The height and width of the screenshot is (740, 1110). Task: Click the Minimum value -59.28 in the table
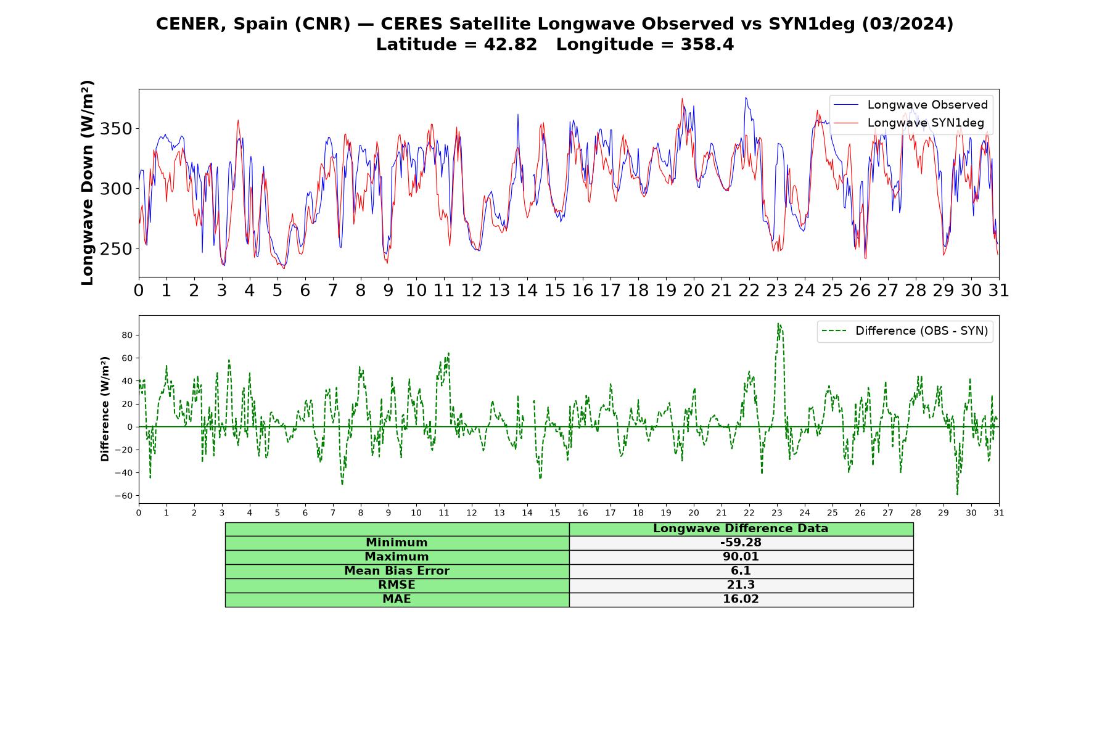(741, 543)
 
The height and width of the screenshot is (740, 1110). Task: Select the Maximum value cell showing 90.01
(741, 557)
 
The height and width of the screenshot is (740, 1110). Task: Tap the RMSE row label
(397, 585)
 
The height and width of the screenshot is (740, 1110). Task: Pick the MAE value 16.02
(741, 599)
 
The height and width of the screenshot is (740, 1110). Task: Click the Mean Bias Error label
(397, 571)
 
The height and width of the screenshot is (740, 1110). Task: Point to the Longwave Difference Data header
(741, 528)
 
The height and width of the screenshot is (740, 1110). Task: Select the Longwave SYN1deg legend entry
(909, 123)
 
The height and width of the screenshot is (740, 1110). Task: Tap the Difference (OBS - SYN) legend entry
(905, 331)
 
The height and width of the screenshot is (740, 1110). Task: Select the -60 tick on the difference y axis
(126, 496)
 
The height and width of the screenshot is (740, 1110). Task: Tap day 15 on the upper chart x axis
(555, 290)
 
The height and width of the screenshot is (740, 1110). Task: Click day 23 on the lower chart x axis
(777, 512)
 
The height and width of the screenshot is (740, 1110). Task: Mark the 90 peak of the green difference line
(778, 323)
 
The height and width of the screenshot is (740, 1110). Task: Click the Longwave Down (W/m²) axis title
(88, 183)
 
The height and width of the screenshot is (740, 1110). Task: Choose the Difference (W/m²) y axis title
(105, 409)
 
